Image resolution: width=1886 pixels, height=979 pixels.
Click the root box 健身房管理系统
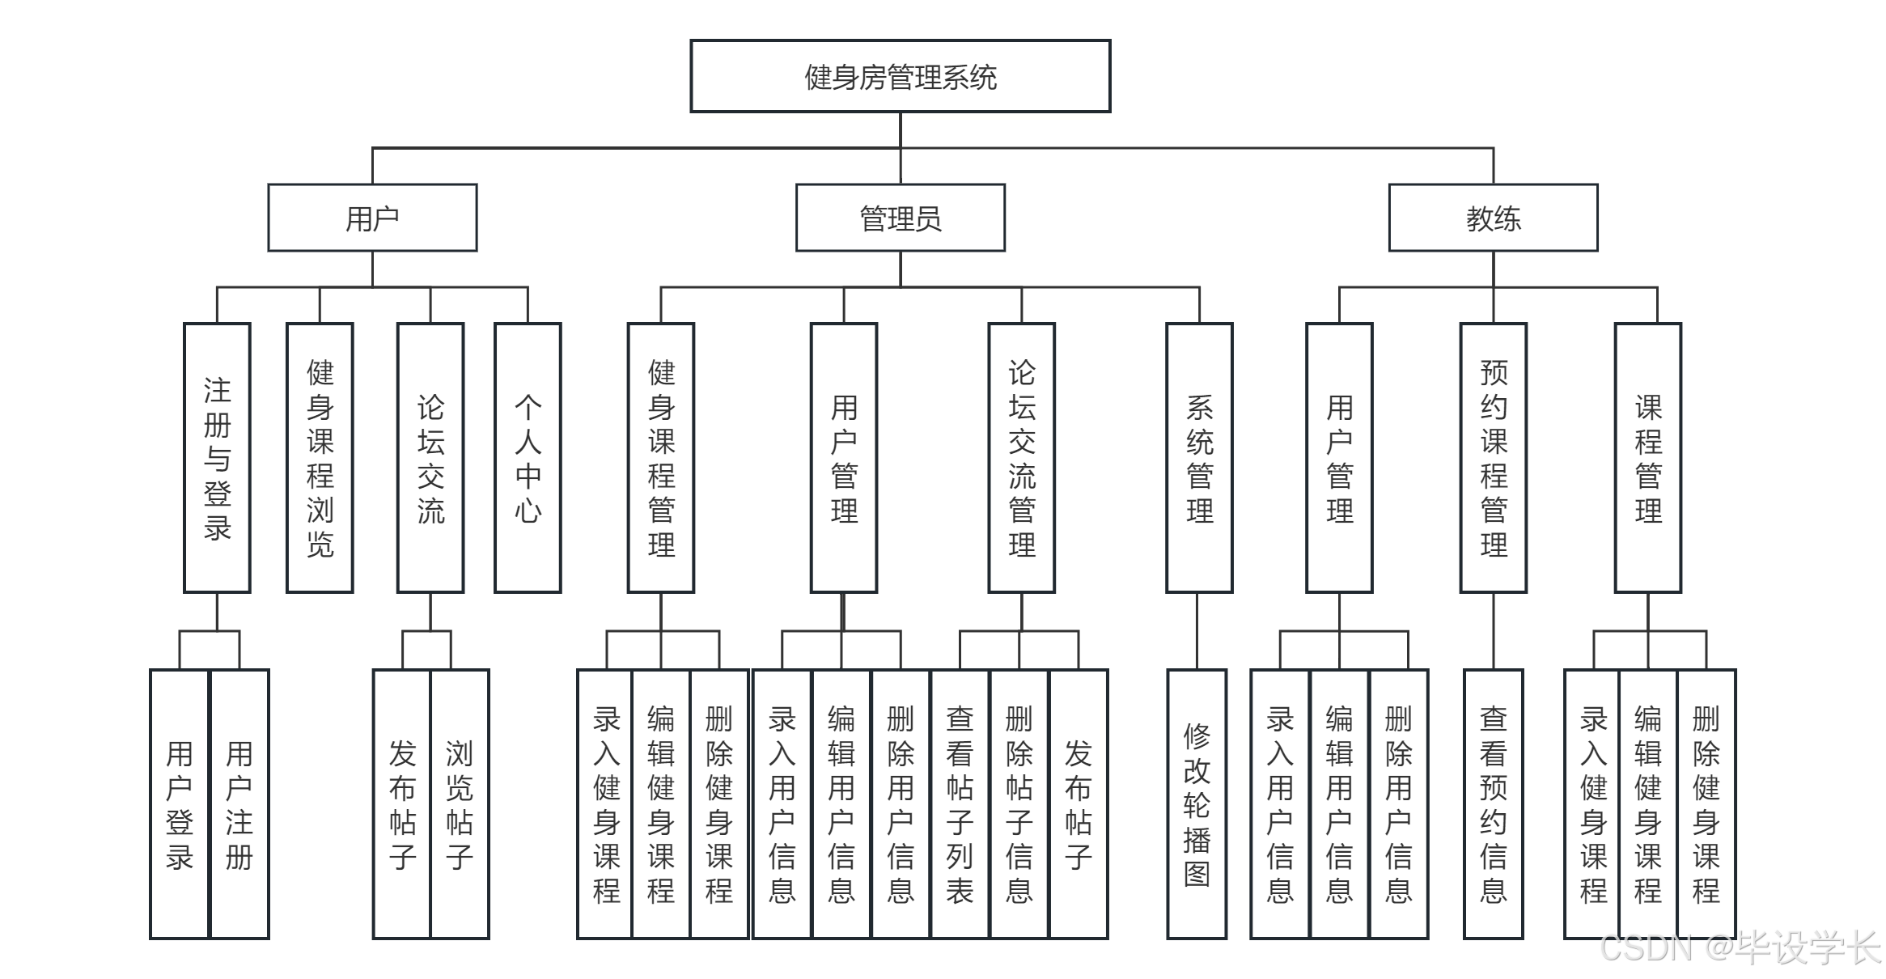pyautogui.click(x=900, y=77)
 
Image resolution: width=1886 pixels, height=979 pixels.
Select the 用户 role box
pyautogui.click(x=372, y=218)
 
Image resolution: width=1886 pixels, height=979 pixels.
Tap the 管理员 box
pyautogui.click(x=900, y=218)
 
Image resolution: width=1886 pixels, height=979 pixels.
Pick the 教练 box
pyautogui.click(x=1493, y=218)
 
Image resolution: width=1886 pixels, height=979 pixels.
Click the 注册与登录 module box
pyautogui.click(x=217, y=458)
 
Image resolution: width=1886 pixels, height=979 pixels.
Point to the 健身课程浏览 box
pyautogui.click(x=320, y=458)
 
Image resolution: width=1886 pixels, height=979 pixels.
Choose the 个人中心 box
pyautogui.click(x=528, y=458)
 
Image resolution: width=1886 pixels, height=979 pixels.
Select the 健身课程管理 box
pyautogui.click(x=661, y=458)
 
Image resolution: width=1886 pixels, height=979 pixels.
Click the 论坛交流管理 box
pyautogui.click(x=1021, y=458)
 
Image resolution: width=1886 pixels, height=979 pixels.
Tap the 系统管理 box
pyautogui.click(x=1199, y=458)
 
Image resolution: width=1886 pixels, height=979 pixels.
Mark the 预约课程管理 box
pyautogui.click(x=1493, y=458)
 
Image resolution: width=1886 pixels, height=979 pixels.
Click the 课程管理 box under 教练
pyautogui.click(x=1648, y=458)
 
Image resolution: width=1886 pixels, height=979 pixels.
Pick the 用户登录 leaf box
pyautogui.click(x=180, y=804)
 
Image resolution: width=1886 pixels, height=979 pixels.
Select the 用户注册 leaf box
pyautogui.click(x=239, y=804)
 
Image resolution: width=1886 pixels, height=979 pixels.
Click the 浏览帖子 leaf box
pyautogui.click(x=460, y=804)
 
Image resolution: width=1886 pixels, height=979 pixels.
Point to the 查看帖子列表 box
pyautogui.click(x=960, y=804)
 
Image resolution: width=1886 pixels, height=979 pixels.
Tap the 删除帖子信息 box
pyautogui.click(x=1019, y=804)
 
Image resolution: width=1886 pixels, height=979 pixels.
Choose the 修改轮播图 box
pyautogui.click(x=1197, y=804)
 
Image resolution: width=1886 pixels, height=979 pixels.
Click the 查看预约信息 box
pyautogui.click(x=1493, y=804)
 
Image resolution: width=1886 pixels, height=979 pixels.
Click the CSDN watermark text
pyautogui.click(x=1740, y=947)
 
